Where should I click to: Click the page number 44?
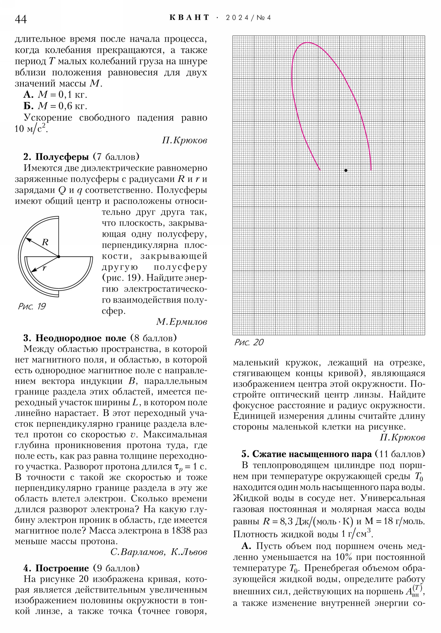(x=21, y=19)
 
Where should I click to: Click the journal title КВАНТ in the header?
(x=189, y=18)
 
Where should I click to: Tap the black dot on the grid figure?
(x=346, y=170)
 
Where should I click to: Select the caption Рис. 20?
(x=249, y=342)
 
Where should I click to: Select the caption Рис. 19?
(x=32, y=306)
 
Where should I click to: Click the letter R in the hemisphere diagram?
(x=45, y=242)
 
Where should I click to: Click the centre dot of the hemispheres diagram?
(x=58, y=257)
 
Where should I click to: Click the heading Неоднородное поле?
(x=81, y=338)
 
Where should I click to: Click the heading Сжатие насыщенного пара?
(x=312, y=454)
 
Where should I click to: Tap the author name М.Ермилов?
(x=181, y=321)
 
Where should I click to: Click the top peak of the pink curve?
(x=307, y=42)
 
